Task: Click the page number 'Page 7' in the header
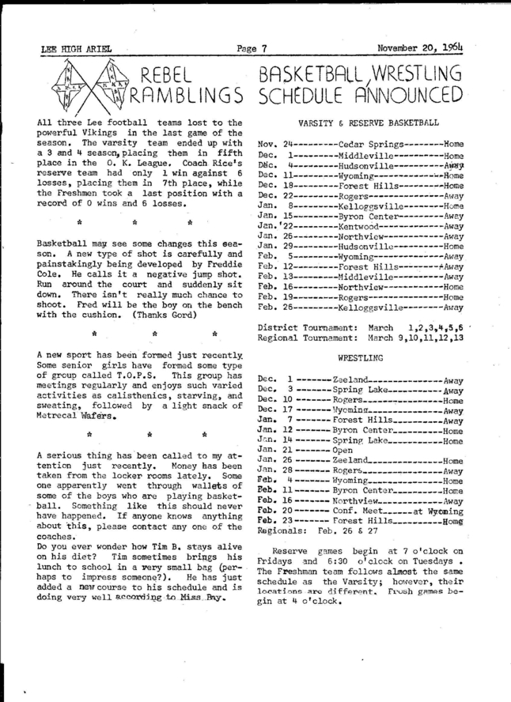point(254,49)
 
